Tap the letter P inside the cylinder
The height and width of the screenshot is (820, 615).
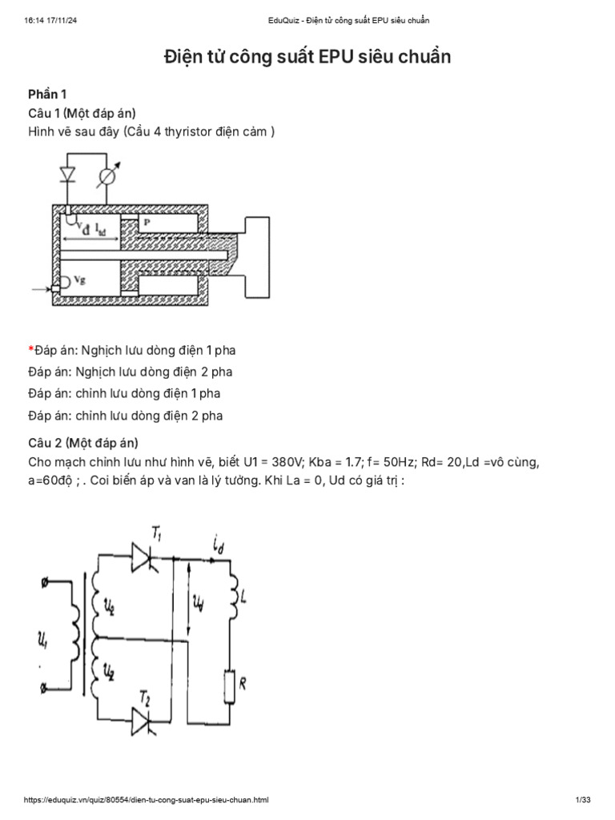147,223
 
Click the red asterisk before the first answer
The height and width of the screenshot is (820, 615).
30,350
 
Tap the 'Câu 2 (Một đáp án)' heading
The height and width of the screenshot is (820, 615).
82,442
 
